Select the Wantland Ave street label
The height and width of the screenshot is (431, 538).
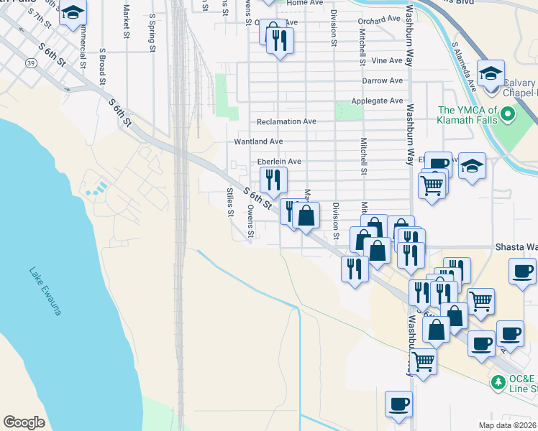click(258, 142)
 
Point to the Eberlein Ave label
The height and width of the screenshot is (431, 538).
click(279, 162)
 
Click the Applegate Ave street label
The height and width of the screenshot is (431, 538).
click(377, 101)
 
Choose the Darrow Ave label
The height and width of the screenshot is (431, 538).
click(382, 80)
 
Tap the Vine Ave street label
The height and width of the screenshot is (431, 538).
click(388, 60)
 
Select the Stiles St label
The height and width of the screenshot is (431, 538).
click(229, 202)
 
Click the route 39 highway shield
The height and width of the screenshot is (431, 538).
click(31, 63)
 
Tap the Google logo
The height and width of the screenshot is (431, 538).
click(24, 422)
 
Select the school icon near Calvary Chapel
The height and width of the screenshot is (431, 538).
click(491, 73)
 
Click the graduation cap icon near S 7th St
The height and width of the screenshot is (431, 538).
click(73, 13)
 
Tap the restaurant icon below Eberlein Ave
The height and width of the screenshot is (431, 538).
click(272, 180)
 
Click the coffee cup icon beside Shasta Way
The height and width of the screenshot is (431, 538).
click(523, 272)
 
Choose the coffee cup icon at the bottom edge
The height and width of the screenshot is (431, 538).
click(398, 404)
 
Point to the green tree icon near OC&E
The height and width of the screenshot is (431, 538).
click(497, 381)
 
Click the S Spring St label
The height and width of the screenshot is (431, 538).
click(152, 32)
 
